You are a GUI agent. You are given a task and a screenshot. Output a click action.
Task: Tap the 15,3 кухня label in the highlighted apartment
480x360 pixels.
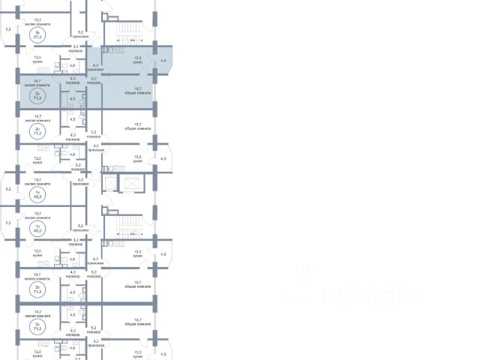click(x=137, y=59)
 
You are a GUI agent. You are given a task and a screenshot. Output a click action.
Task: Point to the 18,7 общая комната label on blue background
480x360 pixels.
click(x=137, y=91)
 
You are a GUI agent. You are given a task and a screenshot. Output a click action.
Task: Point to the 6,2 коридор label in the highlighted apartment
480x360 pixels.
click(x=94, y=80)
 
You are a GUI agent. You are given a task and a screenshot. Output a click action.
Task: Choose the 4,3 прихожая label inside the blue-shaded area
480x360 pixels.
click(x=94, y=67)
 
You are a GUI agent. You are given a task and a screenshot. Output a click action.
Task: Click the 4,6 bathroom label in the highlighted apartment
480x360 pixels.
click(x=72, y=98)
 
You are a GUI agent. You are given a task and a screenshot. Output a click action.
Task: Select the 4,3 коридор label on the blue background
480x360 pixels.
click(x=73, y=80)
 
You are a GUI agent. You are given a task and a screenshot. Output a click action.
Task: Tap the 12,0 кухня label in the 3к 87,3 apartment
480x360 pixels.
click(x=37, y=58)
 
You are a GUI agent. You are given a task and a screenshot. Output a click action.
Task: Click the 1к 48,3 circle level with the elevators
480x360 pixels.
click(x=36, y=193)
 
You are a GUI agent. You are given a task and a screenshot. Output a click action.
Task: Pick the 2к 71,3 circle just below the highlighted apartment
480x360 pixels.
click(x=36, y=128)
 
